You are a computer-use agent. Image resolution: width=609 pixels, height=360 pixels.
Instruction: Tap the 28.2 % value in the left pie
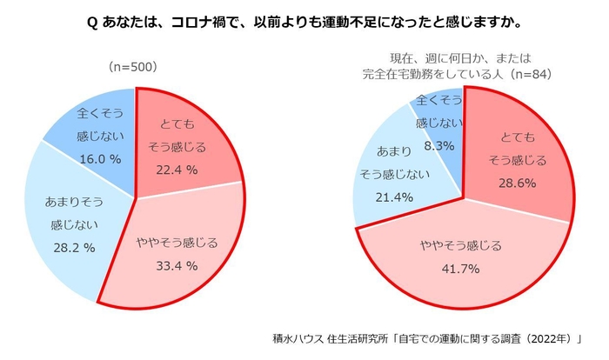74,246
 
